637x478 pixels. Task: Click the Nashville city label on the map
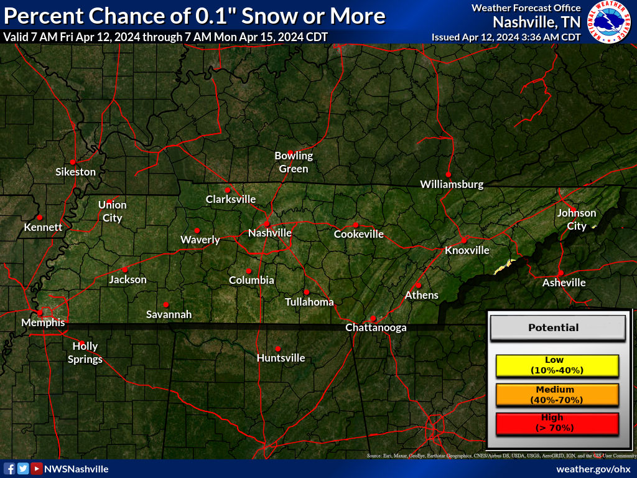coord(269,233)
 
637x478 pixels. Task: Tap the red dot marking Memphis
coord(40,312)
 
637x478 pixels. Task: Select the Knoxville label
coord(467,250)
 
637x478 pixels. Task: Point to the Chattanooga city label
coord(376,327)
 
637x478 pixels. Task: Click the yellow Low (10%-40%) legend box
coord(557,365)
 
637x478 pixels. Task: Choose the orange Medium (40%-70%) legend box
coord(557,395)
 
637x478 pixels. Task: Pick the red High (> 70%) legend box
coord(557,423)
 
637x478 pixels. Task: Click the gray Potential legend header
coord(557,327)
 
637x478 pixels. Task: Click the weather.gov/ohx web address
coord(593,469)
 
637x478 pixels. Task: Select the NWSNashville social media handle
coord(77,469)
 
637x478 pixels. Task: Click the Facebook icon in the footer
coord(9,469)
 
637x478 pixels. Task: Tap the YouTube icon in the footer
coord(37,469)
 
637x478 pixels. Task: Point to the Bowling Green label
coord(294,162)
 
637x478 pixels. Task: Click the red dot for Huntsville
coord(277,349)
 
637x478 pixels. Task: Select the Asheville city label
coord(564,283)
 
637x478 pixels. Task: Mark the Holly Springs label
coord(85,352)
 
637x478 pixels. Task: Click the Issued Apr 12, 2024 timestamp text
coord(506,37)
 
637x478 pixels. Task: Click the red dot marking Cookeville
coord(355,225)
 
